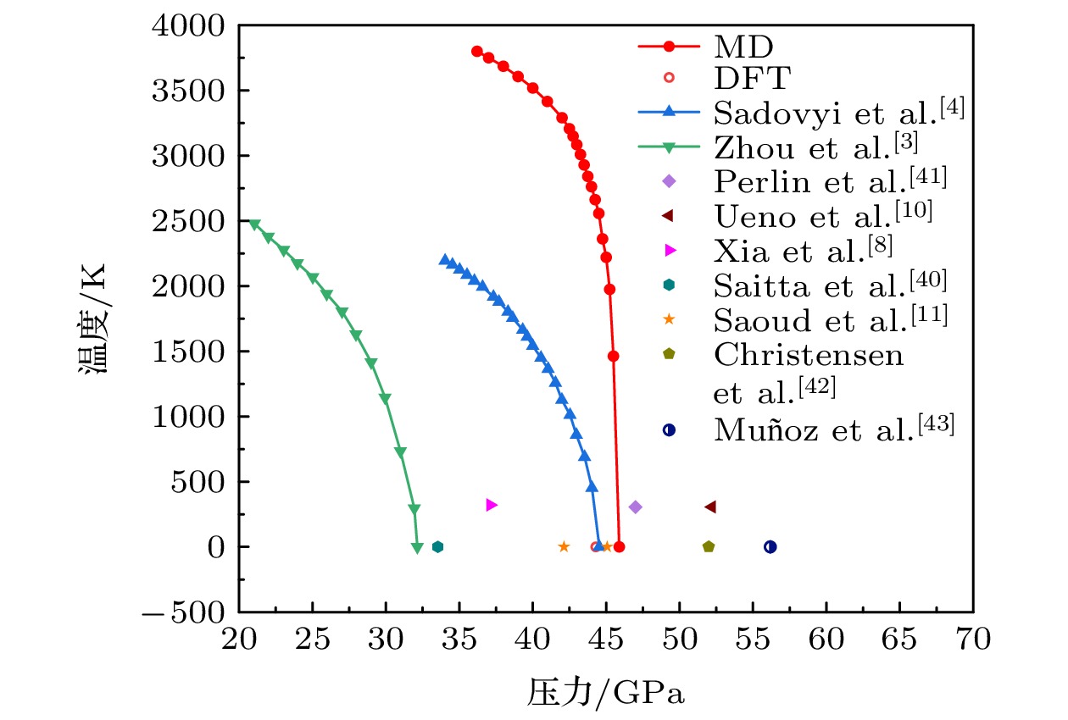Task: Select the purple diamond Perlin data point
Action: coord(636,507)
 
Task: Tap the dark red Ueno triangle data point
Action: coord(710,507)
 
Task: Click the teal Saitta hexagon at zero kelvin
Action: coord(437,546)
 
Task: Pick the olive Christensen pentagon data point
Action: coord(709,546)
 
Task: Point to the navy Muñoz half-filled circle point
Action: coord(770,546)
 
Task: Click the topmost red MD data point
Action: coord(476,51)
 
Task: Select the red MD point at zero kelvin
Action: coord(619,546)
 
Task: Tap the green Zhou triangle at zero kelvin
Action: coord(417,548)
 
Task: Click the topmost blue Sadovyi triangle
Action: coord(444,259)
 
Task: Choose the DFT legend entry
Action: coord(751,78)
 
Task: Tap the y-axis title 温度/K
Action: coord(94,319)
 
